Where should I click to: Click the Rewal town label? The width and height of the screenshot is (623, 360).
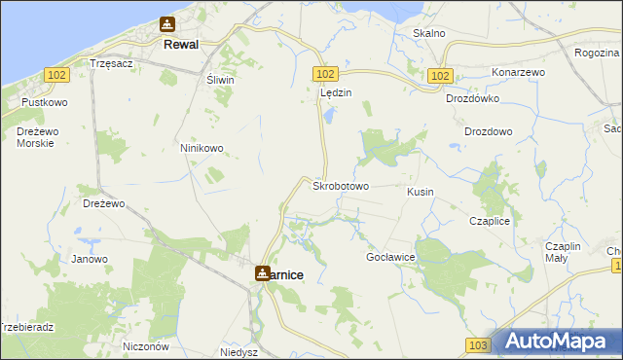tap(182, 45)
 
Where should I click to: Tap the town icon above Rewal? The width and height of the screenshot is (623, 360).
tap(167, 25)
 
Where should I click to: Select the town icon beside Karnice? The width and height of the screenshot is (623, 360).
tap(263, 274)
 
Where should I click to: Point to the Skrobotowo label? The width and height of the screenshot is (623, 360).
tap(340, 185)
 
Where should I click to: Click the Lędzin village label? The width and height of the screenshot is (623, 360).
tap(336, 92)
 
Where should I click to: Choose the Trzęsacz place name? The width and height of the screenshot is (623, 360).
tap(110, 62)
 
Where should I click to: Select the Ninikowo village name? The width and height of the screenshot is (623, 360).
tap(202, 148)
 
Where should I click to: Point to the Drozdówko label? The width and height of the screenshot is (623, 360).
tap(472, 98)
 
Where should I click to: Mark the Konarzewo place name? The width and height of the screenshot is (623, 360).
tap(518, 73)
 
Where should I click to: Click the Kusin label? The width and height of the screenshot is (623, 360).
tap(421, 192)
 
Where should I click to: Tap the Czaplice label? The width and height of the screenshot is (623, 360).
tap(490, 221)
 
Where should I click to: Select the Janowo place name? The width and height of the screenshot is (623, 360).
tap(90, 259)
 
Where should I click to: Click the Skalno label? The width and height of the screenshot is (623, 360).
tap(429, 33)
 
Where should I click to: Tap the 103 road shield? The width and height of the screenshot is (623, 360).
tap(477, 345)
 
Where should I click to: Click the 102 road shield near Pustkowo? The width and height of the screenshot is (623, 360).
tap(55, 74)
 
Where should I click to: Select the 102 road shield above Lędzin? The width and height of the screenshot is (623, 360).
tap(325, 74)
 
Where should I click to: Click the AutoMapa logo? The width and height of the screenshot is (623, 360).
tap(556, 342)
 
